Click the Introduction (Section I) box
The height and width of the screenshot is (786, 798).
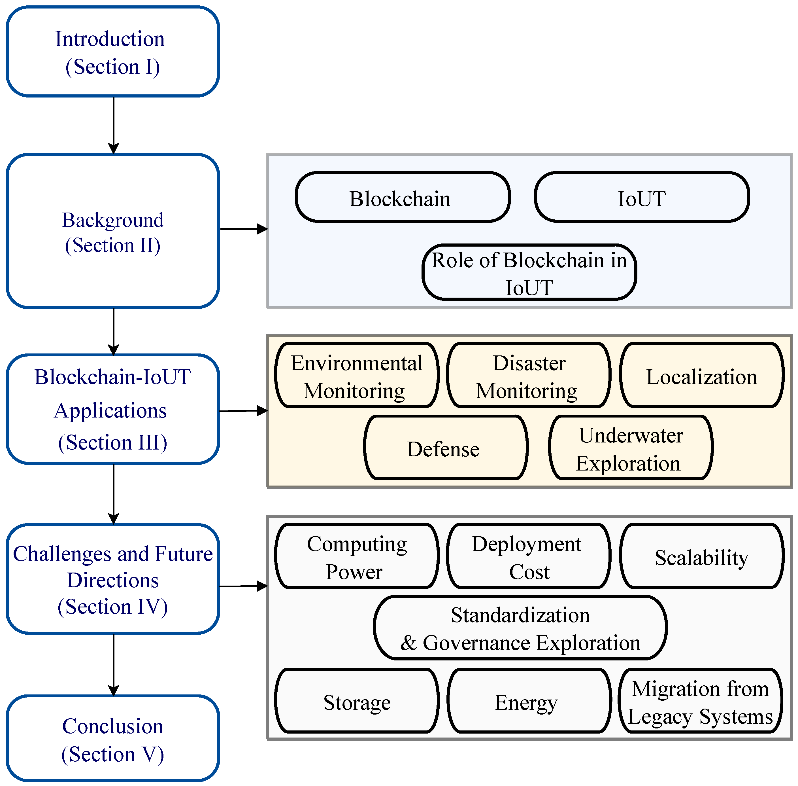(112, 52)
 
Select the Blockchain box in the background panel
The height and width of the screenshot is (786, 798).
(402, 197)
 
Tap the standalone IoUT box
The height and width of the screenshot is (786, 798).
(641, 197)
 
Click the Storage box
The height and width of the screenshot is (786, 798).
(356, 701)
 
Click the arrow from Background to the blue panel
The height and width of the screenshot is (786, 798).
(243, 229)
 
